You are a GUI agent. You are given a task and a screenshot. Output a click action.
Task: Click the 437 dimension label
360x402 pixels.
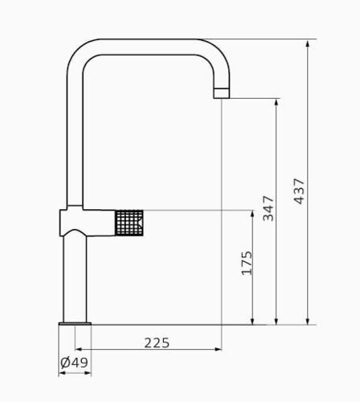(299, 191)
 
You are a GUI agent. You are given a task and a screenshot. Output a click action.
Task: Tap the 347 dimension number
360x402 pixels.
(268, 208)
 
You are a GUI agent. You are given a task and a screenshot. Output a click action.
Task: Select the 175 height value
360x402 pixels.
(247, 263)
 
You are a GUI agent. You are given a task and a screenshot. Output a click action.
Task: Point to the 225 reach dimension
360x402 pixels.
(157, 343)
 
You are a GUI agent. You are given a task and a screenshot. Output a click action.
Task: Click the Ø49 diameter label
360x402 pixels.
(74, 363)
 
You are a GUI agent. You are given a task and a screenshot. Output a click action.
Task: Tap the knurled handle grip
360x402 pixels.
(129, 223)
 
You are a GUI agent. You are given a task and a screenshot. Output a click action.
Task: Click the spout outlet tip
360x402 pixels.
(222, 93)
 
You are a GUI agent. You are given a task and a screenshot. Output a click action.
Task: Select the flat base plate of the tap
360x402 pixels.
(75, 324)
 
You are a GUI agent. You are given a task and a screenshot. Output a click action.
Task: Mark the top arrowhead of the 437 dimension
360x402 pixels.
(308, 43)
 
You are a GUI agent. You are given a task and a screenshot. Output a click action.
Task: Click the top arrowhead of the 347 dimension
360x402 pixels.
(277, 103)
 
